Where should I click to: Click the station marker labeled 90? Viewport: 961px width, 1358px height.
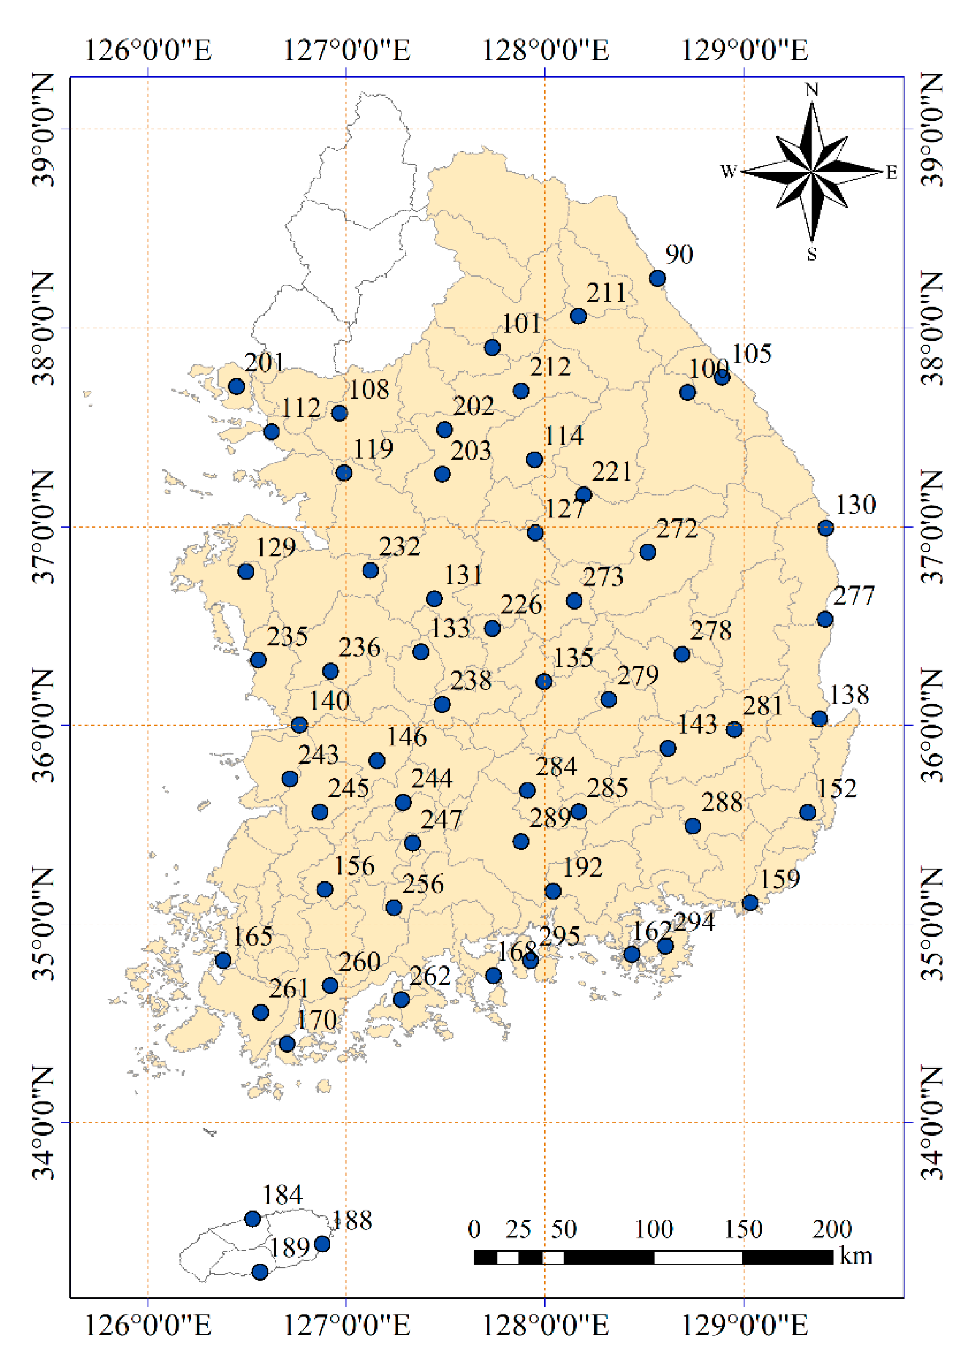coord(658,278)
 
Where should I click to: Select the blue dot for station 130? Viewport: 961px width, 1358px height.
coord(826,528)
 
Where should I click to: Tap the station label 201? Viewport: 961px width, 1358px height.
coord(264,362)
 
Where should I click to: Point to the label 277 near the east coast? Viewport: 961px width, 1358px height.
coord(853,596)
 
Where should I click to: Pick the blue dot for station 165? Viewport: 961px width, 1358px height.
coord(223,960)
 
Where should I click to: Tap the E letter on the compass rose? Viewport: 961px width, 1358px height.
coord(891,173)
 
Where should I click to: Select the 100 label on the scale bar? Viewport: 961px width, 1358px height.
coord(654,1230)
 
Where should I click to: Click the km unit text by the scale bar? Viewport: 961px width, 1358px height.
coord(855,1255)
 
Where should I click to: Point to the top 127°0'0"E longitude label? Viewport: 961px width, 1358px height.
coord(346,50)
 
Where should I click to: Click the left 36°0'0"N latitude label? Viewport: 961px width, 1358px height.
coord(43,725)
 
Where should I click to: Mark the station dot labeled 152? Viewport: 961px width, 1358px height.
coord(808,812)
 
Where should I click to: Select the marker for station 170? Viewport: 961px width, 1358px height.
coord(287,1043)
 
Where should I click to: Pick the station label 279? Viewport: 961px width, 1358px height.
coord(638,675)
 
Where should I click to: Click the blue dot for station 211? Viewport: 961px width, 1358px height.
coord(578,316)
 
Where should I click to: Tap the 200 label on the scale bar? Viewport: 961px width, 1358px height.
coord(831,1230)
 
